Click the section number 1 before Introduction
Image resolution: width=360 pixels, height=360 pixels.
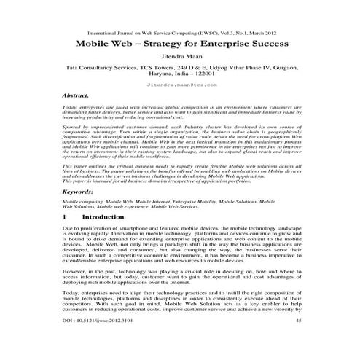click(66, 216)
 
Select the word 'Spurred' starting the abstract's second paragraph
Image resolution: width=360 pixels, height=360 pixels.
click(73, 128)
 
